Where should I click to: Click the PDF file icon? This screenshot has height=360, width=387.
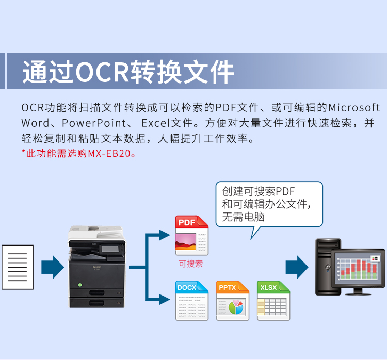pyautogui.click(x=192, y=235)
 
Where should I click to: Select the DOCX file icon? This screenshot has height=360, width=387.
pyautogui.click(x=192, y=301)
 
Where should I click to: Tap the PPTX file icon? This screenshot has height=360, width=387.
pyautogui.click(x=233, y=301)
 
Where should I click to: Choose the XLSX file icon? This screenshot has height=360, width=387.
pyautogui.click(x=273, y=301)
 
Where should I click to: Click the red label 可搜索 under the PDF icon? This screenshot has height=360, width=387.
pyautogui.click(x=191, y=264)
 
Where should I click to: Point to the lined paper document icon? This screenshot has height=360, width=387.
pyautogui.click(x=18, y=267)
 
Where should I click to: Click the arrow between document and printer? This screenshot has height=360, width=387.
pyautogui.click(x=53, y=267)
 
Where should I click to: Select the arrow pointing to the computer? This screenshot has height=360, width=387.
pyautogui.click(x=297, y=267)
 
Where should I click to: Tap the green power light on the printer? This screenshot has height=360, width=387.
pyautogui.click(x=80, y=285)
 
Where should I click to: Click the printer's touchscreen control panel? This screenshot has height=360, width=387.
pyautogui.click(x=110, y=249)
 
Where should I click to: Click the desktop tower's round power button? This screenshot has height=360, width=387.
pyautogui.click(x=328, y=267)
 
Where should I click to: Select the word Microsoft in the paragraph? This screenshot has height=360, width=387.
pyautogui.click(x=354, y=108)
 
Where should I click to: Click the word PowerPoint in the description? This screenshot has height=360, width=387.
pyautogui.click(x=94, y=123)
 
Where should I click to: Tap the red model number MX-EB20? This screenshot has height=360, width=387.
pyautogui.click(x=109, y=154)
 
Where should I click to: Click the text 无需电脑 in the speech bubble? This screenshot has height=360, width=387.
pyautogui.click(x=244, y=217)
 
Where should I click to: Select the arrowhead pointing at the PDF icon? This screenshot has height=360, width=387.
pyautogui.click(x=165, y=235)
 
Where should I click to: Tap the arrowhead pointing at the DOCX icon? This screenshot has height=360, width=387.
pyautogui.click(x=165, y=300)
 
